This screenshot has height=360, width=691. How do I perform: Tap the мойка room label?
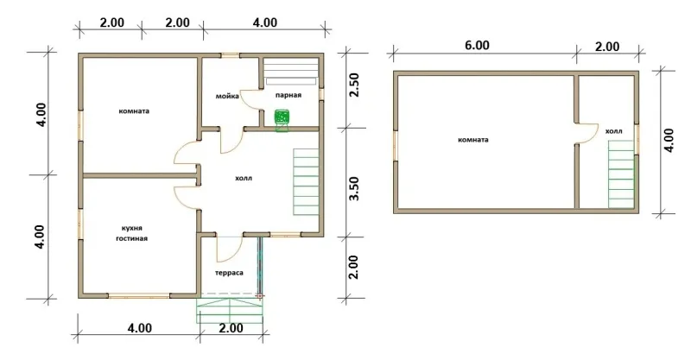tap(227, 96)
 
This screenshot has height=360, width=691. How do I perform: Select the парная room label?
tap(288, 95)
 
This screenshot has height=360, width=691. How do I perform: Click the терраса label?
tap(229, 273)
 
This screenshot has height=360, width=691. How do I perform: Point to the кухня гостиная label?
tap(131, 234)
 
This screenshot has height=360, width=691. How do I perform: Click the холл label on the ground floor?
tap(244, 179)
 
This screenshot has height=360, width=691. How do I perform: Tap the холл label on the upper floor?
tap(613, 131)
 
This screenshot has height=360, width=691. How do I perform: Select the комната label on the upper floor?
tap(472, 140)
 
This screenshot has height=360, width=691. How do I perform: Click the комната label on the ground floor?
tap(134, 111)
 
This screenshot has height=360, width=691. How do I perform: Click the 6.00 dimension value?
tap(478, 46)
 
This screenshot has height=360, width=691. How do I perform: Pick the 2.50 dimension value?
tap(354, 85)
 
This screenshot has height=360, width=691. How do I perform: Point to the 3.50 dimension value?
tap(354, 188)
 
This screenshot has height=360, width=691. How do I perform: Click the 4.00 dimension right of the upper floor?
tap(669, 140)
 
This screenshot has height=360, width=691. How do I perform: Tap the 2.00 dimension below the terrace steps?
tap(231, 328)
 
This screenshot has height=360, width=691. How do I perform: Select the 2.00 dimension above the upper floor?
tap(607, 47)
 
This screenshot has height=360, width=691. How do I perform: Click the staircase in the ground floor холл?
tap(306, 182)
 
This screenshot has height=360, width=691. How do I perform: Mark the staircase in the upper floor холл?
tap(622, 174)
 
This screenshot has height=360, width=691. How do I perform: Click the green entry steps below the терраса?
tap(230, 310)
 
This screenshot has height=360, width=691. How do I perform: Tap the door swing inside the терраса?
tap(229, 249)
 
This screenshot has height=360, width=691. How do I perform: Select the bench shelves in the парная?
tap(291, 71)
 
